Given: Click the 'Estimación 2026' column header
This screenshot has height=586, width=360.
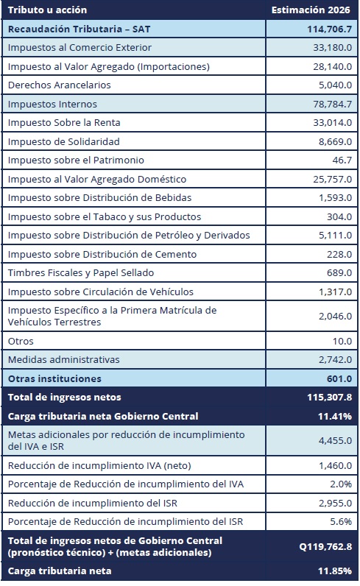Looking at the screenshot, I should (311, 10).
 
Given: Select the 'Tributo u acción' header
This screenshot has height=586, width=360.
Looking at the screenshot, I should (47, 10).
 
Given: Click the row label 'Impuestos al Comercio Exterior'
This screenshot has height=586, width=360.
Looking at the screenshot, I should (80, 48).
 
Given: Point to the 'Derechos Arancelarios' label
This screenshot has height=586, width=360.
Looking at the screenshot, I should (59, 85).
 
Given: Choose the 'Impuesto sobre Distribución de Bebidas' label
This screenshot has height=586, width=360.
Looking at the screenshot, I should (97, 198).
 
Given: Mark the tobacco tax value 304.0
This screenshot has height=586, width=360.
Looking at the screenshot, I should (339, 216).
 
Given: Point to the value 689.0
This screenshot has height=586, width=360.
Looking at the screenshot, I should (339, 273).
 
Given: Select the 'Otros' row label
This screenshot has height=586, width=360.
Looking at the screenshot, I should (21, 342).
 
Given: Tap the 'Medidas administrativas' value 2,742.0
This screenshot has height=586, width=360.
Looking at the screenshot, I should (334, 360).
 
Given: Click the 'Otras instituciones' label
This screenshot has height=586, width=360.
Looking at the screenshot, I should (55, 378).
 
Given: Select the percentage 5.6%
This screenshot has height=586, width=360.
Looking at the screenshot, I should (341, 522).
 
